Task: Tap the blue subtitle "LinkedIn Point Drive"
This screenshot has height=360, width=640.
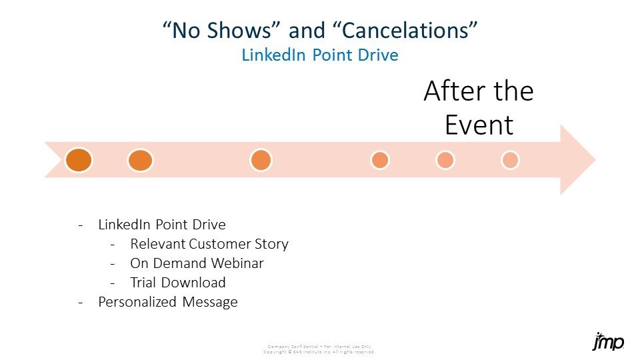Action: (x=320, y=55)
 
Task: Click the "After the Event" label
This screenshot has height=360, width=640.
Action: (x=479, y=108)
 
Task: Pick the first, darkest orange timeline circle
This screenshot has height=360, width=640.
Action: (x=79, y=160)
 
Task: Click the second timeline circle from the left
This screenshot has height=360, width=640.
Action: (x=140, y=160)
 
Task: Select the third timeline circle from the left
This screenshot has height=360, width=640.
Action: (x=261, y=160)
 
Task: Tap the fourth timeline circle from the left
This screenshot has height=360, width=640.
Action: (x=380, y=160)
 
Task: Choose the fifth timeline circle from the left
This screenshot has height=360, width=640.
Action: (x=445, y=160)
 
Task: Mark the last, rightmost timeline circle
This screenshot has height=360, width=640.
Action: (x=510, y=160)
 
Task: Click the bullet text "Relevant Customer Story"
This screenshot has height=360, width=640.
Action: (x=209, y=244)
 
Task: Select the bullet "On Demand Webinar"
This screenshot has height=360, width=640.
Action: (x=197, y=263)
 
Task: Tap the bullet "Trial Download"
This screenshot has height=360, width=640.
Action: (x=178, y=283)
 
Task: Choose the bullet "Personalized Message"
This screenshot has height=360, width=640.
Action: (x=167, y=302)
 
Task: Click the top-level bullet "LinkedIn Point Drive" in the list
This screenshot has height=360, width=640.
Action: (x=161, y=225)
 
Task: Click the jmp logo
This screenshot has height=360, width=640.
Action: (x=608, y=342)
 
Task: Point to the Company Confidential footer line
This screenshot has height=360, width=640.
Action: (x=319, y=347)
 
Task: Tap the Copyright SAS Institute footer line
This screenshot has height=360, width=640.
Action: (x=319, y=351)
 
